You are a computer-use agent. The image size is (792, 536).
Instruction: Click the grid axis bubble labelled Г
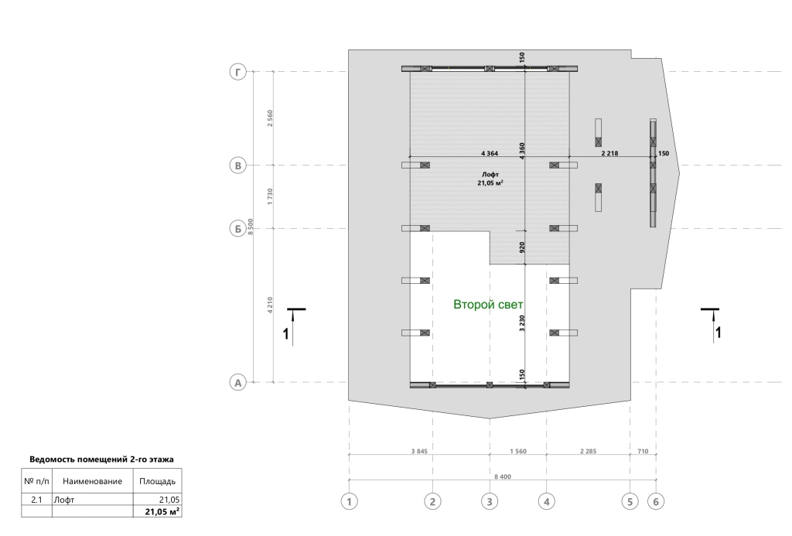(238, 72)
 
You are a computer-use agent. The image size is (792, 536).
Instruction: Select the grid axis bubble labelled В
(238, 166)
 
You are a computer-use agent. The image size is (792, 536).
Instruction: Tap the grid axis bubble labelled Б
(238, 229)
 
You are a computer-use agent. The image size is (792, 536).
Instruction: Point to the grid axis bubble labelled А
(238, 382)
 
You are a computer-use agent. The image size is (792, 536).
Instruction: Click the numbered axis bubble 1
(349, 502)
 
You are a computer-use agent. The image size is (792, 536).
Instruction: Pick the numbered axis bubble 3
(490, 502)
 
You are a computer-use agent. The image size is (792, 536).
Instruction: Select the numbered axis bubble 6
(656, 502)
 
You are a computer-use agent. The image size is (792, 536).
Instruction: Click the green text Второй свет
(488, 305)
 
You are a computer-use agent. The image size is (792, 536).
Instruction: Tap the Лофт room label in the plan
(490, 174)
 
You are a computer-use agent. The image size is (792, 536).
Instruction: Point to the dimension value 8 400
(503, 476)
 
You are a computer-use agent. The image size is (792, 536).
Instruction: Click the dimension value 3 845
(419, 451)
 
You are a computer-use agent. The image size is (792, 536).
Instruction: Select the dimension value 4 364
(490, 153)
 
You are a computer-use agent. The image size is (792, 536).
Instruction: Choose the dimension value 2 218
(609, 153)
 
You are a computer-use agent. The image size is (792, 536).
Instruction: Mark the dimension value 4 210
(270, 306)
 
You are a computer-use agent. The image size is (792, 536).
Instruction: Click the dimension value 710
(643, 451)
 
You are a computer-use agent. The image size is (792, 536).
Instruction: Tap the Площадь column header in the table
(157, 481)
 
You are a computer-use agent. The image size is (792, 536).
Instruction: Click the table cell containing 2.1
(36, 500)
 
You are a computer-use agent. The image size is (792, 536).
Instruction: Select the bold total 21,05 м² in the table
(162, 512)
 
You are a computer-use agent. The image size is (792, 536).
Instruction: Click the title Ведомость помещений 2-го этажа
(101, 459)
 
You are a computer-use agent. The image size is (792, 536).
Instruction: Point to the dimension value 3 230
(522, 323)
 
